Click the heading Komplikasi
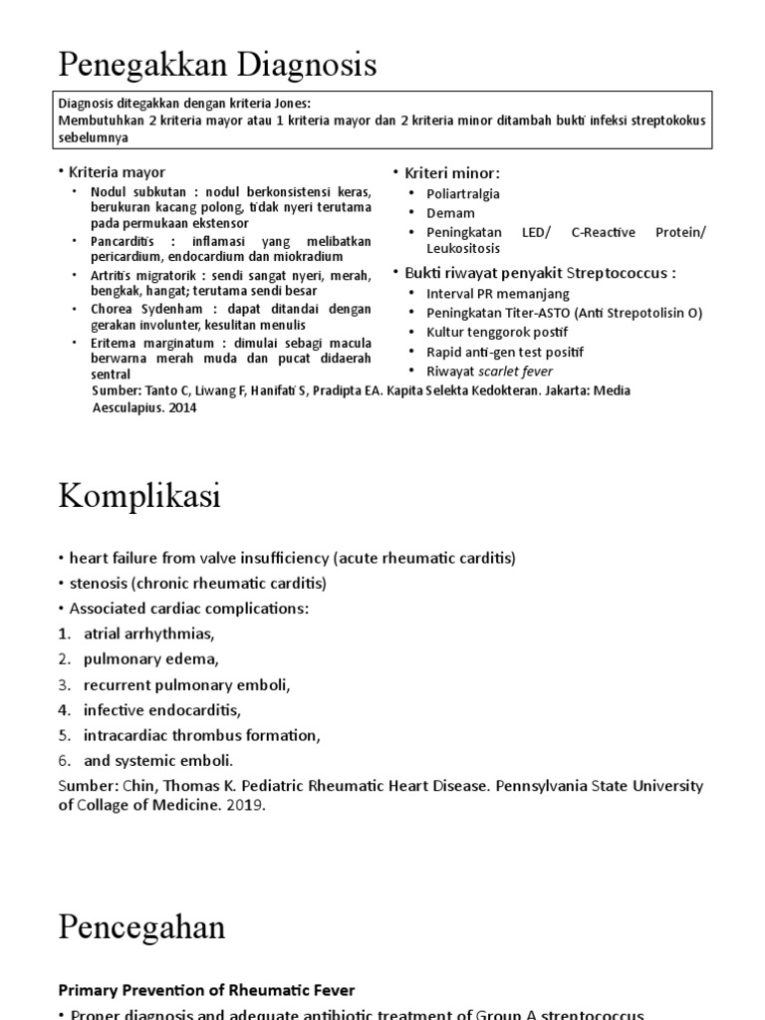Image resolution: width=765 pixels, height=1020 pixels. [139, 496]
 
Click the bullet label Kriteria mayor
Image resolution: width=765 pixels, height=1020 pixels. [118, 172]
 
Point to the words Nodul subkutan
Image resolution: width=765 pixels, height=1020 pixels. [132, 191]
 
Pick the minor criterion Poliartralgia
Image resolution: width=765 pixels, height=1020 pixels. [463, 193]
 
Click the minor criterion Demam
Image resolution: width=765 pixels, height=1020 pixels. [450, 213]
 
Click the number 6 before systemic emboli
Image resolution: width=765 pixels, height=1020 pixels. [63, 761]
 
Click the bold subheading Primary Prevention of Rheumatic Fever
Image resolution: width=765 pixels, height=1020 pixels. [206, 989]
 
